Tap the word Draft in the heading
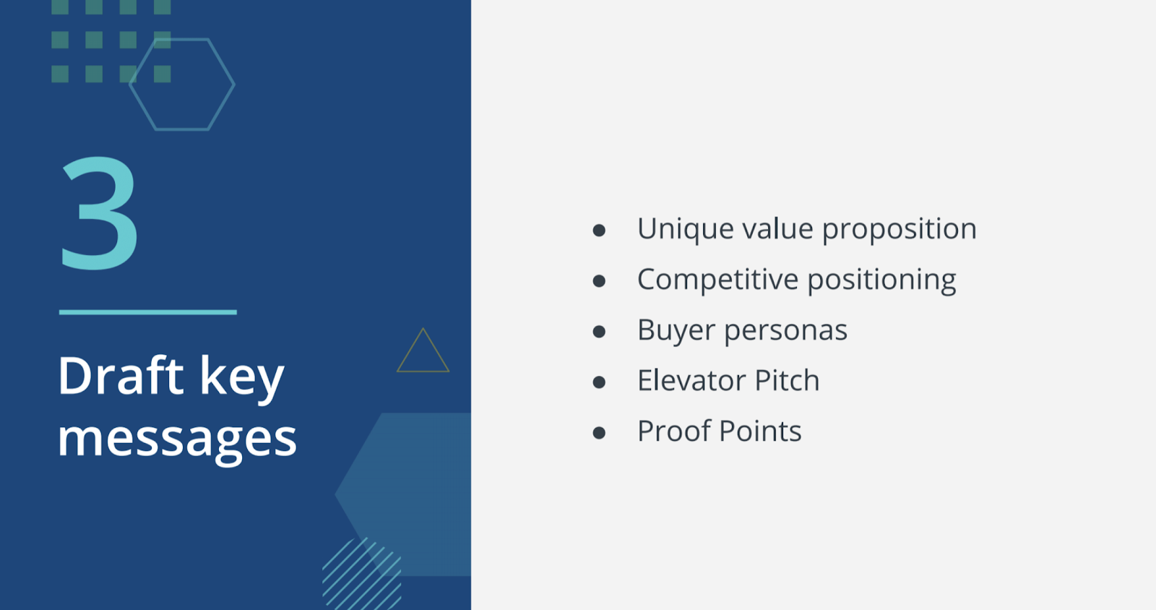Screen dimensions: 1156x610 (x=121, y=376)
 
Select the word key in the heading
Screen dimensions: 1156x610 (x=242, y=380)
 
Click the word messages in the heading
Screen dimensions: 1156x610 (x=177, y=439)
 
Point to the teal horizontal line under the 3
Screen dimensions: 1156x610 (x=147, y=312)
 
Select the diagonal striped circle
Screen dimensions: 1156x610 (x=362, y=574)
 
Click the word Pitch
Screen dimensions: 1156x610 (x=787, y=380)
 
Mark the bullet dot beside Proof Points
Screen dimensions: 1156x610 (x=599, y=432)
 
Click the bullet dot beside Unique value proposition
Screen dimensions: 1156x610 (x=599, y=230)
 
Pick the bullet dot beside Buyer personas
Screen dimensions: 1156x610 (x=599, y=331)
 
